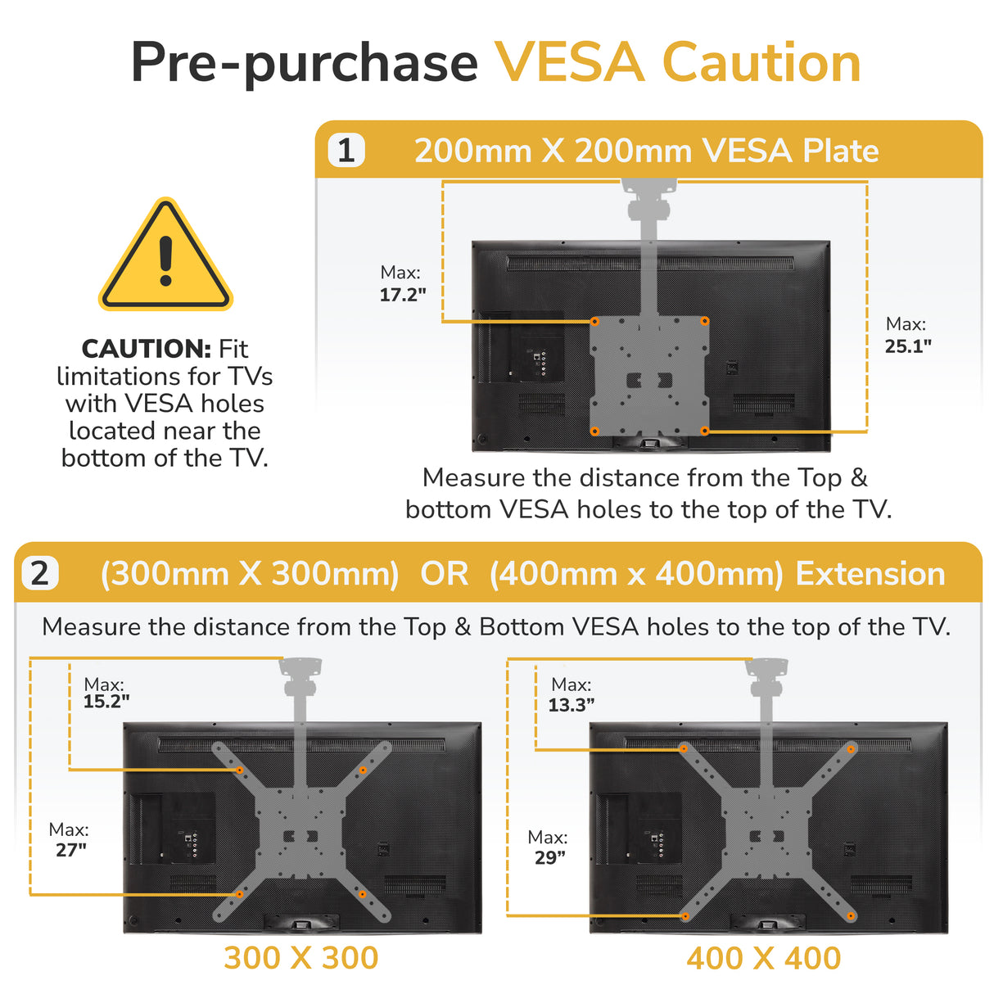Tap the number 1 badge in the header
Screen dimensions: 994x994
click(x=346, y=151)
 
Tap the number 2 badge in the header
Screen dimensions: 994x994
click(x=39, y=573)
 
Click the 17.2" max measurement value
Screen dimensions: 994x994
click(x=403, y=295)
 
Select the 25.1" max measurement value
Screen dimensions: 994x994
click(x=908, y=346)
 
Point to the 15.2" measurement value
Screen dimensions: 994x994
click(x=106, y=702)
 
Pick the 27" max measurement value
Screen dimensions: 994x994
click(x=71, y=850)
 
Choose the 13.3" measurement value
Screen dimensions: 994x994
click(x=572, y=705)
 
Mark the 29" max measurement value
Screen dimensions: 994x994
click(x=550, y=857)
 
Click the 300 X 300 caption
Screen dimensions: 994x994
click(x=301, y=957)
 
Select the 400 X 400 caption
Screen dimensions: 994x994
click(x=764, y=958)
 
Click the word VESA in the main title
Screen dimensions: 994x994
click(x=570, y=63)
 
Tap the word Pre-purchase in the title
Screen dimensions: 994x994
click(x=305, y=63)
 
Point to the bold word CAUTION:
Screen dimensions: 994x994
click(x=147, y=349)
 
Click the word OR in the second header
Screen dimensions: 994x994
click(x=445, y=574)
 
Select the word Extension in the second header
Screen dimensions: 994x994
click(x=870, y=574)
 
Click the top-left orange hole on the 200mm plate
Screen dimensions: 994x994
click(x=595, y=322)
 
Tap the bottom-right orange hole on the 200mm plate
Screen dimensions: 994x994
click(x=704, y=431)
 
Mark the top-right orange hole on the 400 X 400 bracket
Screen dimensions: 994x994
click(x=851, y=749)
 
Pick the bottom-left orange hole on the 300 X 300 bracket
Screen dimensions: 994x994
click(x=240, y=894)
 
